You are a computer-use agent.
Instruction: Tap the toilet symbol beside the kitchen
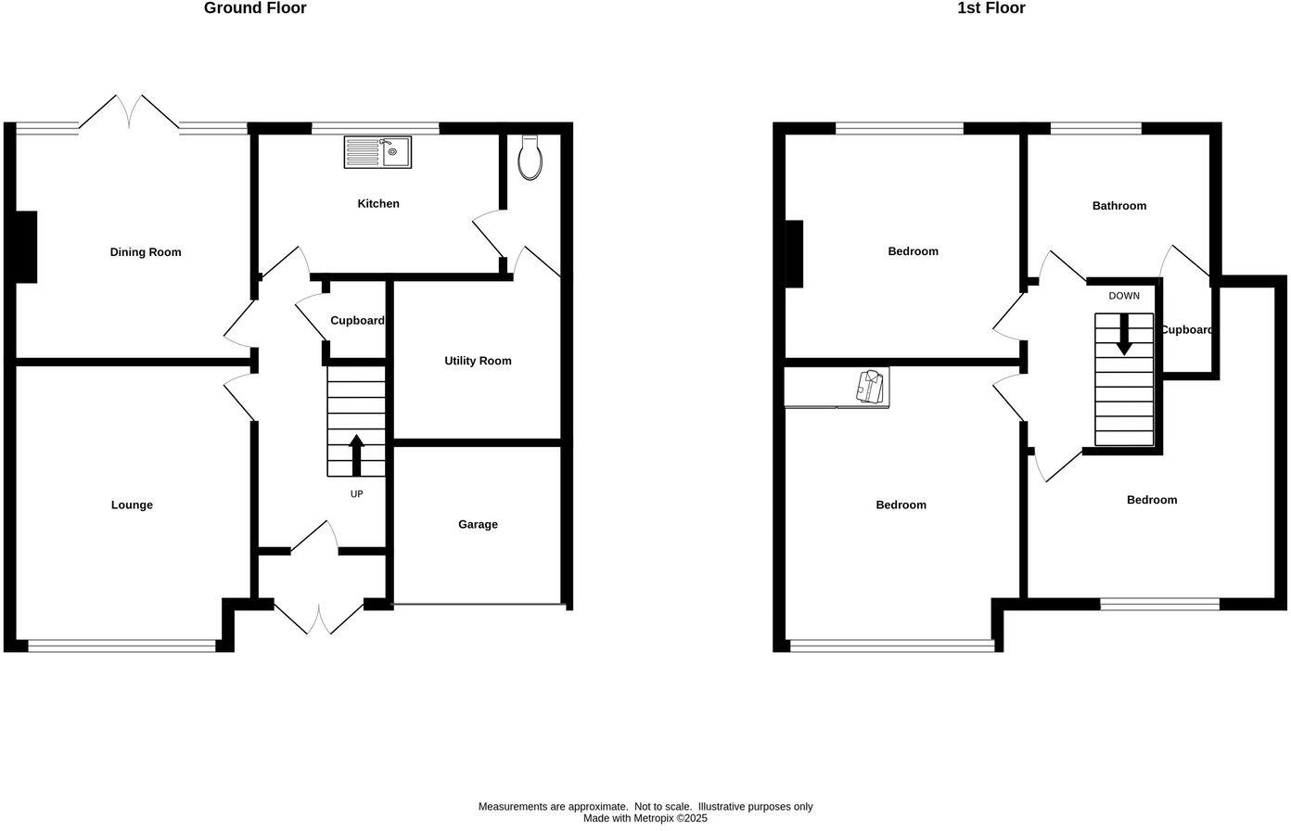(530, 158)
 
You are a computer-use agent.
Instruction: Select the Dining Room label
(146, 252)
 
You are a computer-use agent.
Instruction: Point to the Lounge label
(132, 505)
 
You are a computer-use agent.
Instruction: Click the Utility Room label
(478, 361)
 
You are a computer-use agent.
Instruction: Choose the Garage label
(478, 525)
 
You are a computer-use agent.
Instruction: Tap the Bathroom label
(1118, 206)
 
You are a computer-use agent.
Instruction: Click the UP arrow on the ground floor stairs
(356, 454)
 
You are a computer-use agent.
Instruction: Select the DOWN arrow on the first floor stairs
(1124, 335)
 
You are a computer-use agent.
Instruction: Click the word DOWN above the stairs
(1124, 296)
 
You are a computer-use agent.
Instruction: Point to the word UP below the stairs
(356, 494)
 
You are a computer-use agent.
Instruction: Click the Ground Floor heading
(255, 8)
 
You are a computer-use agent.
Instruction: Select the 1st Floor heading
(991, 8)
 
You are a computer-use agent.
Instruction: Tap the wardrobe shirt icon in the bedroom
(871, 387)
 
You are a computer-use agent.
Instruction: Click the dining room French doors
(129, 111)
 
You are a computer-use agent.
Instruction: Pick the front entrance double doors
(318, 619)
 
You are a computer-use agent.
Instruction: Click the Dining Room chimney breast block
(26, 247)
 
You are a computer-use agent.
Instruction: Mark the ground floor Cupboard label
(357, 321)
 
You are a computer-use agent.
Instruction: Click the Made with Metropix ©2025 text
(645, 818)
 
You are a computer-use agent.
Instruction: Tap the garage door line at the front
(479, 606)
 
